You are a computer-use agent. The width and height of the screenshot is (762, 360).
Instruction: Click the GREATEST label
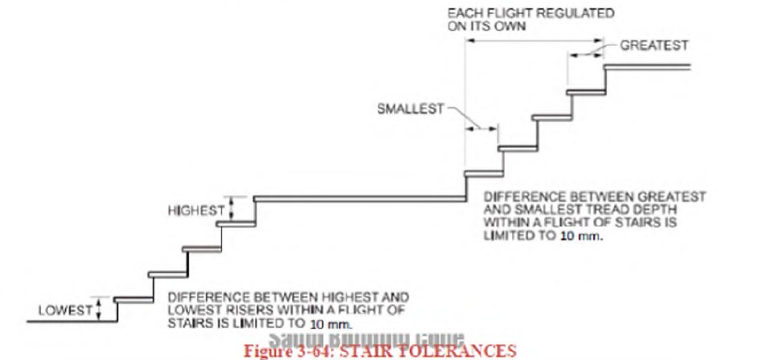click(654, 46)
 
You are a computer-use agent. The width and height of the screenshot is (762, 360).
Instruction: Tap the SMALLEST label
click(410, 109)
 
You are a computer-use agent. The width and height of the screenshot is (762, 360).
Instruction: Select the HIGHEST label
click(195, 211)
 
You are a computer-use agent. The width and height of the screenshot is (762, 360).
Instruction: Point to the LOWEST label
click(64, 310)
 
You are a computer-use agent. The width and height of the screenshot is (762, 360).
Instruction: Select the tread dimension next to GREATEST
click(586, 54)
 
